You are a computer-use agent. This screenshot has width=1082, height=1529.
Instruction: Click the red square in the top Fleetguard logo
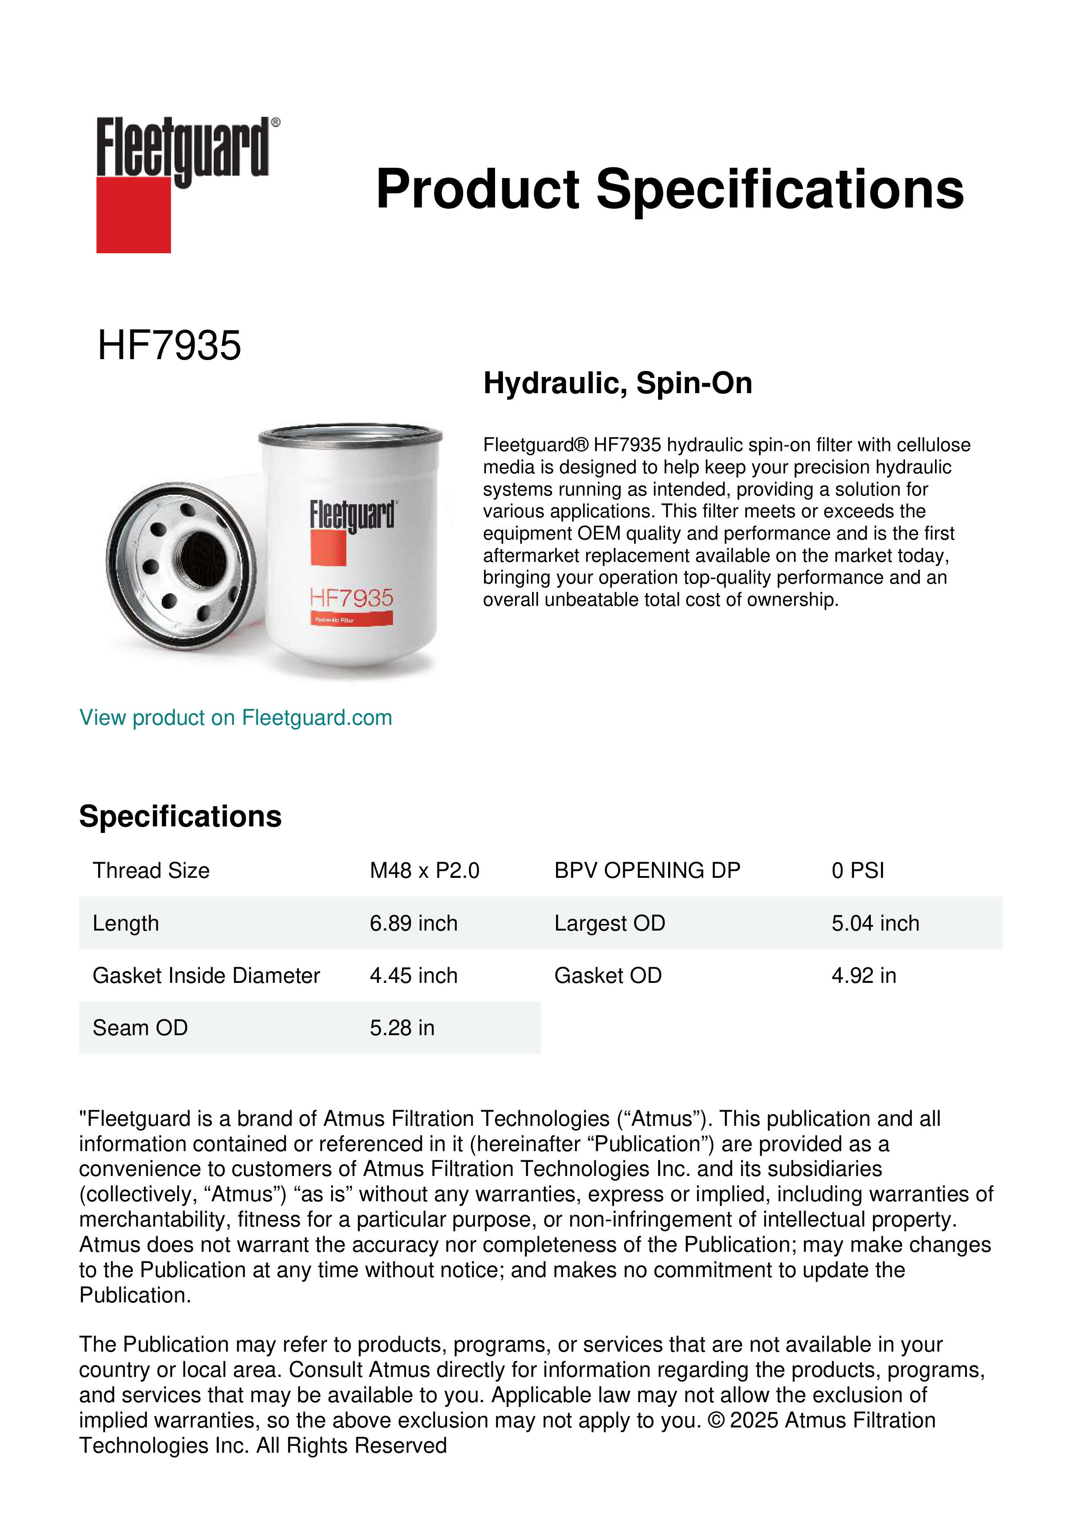(x=133, y=214)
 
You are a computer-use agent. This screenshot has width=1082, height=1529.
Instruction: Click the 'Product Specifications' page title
(x=669, y=189)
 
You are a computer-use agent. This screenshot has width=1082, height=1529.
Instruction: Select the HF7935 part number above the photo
(x=169, y=346)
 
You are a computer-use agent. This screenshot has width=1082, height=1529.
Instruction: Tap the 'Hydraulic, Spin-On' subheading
(x=618, y=383)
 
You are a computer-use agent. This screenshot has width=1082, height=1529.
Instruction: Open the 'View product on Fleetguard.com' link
(x=235, y=718)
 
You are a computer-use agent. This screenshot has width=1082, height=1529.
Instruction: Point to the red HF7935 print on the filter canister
(x=352, y=598)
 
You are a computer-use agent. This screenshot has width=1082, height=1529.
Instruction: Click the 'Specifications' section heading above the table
(x=180, y=816)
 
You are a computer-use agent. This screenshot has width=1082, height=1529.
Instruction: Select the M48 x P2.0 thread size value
(x=424, y=870)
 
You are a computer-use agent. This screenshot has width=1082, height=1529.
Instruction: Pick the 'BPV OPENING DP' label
(x=647, y=870)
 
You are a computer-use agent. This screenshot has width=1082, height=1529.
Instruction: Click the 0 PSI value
(x=857, y=870)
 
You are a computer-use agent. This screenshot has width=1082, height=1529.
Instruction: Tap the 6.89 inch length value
(x=414, y=923)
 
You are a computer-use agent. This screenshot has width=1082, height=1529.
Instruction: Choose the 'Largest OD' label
(x=610, y=923)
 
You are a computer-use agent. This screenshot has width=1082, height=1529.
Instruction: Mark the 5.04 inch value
(x=875, y=923)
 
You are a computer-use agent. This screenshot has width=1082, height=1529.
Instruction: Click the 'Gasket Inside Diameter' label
(x=206, y=975)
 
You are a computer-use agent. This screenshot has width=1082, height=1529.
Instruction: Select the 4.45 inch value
(x=414, y=975)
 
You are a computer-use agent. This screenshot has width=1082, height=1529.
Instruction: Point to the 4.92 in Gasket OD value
(x=864, y=975)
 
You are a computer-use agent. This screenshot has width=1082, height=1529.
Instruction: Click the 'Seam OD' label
(x=140, y=1028)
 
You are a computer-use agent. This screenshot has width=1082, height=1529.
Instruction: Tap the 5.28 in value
(x=402, y=1028)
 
